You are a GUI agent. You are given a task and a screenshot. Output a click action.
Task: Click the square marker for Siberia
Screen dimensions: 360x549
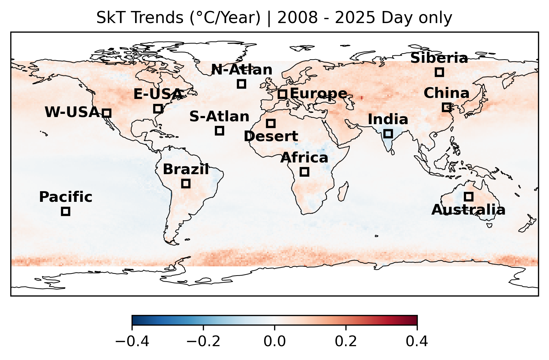point(439,72)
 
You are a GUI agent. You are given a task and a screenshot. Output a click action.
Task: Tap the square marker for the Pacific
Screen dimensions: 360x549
point(65,211)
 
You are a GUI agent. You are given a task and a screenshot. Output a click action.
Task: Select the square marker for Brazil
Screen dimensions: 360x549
point(186,183)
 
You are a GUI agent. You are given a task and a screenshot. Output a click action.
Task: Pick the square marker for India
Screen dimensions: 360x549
point(388,133)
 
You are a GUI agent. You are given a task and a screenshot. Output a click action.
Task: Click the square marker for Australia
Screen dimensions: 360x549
point(468,196)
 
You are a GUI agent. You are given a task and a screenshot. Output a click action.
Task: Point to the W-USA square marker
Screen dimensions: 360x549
point(107,113)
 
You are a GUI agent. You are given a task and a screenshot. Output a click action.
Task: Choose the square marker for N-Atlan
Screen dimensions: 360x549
point(242,84)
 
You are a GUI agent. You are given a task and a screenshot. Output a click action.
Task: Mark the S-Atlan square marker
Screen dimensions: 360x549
point(219,131)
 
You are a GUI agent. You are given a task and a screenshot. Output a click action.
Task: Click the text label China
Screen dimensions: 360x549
point(447,94)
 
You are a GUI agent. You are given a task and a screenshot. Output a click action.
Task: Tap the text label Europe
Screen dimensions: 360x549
point(318,94)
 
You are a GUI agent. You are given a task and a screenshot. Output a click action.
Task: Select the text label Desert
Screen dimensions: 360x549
point(271,136)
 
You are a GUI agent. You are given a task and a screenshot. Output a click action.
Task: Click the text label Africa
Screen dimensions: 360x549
point(304,158)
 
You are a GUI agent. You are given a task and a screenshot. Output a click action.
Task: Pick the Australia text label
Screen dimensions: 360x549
point(468,210)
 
